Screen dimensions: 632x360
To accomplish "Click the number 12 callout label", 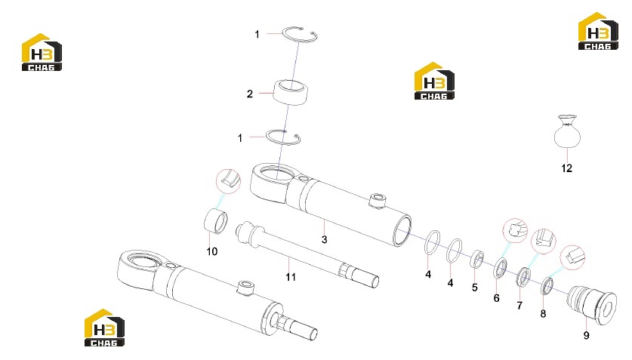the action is click(567, 168).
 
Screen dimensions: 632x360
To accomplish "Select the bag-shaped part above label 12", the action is click(568, 131).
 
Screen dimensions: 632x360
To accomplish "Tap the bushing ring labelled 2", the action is click(291, 92).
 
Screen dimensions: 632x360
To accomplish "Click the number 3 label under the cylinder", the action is click(325, 239).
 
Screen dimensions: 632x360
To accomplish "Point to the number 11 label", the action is click(291, 277).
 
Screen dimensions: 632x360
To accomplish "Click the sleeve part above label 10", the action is click(216, 220).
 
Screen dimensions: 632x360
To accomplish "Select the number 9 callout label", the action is click(586, 335).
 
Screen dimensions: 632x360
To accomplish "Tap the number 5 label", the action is click(475, 288).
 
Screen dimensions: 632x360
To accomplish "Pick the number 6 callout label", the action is click(497, 298).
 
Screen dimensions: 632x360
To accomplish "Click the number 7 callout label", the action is click(519, 306).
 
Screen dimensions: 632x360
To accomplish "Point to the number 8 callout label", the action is click(544, 313).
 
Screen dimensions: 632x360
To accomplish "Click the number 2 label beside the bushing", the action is click(250, 94).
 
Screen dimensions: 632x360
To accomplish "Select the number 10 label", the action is click(212, 251).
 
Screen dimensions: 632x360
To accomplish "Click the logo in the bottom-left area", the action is click(104, 328).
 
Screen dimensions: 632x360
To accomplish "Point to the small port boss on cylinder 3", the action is click(378, 201).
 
